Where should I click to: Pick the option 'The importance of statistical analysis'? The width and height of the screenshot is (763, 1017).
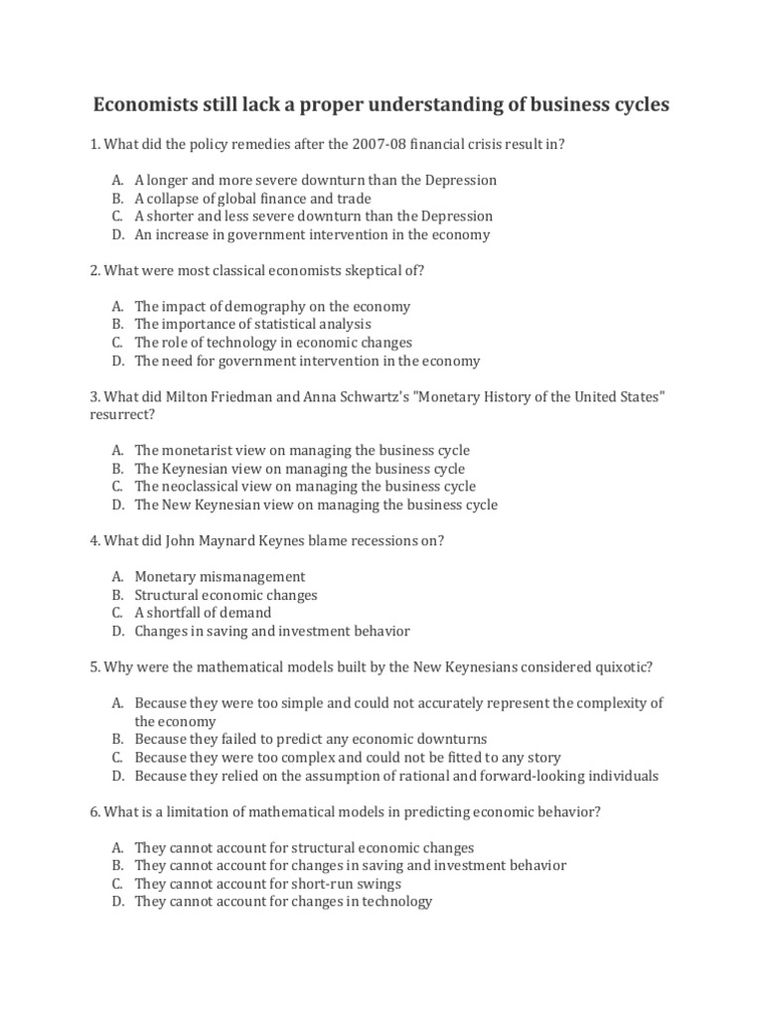coord(252,325)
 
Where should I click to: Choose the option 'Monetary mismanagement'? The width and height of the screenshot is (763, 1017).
coord(220,577)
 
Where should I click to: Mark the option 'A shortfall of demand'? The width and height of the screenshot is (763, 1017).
coord(203,613)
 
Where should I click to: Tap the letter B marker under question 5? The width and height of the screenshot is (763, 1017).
coord(117,739)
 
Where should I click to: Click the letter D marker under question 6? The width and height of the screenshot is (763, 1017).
coord(117,902)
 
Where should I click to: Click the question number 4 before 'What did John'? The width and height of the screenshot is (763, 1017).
coord(93,540)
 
